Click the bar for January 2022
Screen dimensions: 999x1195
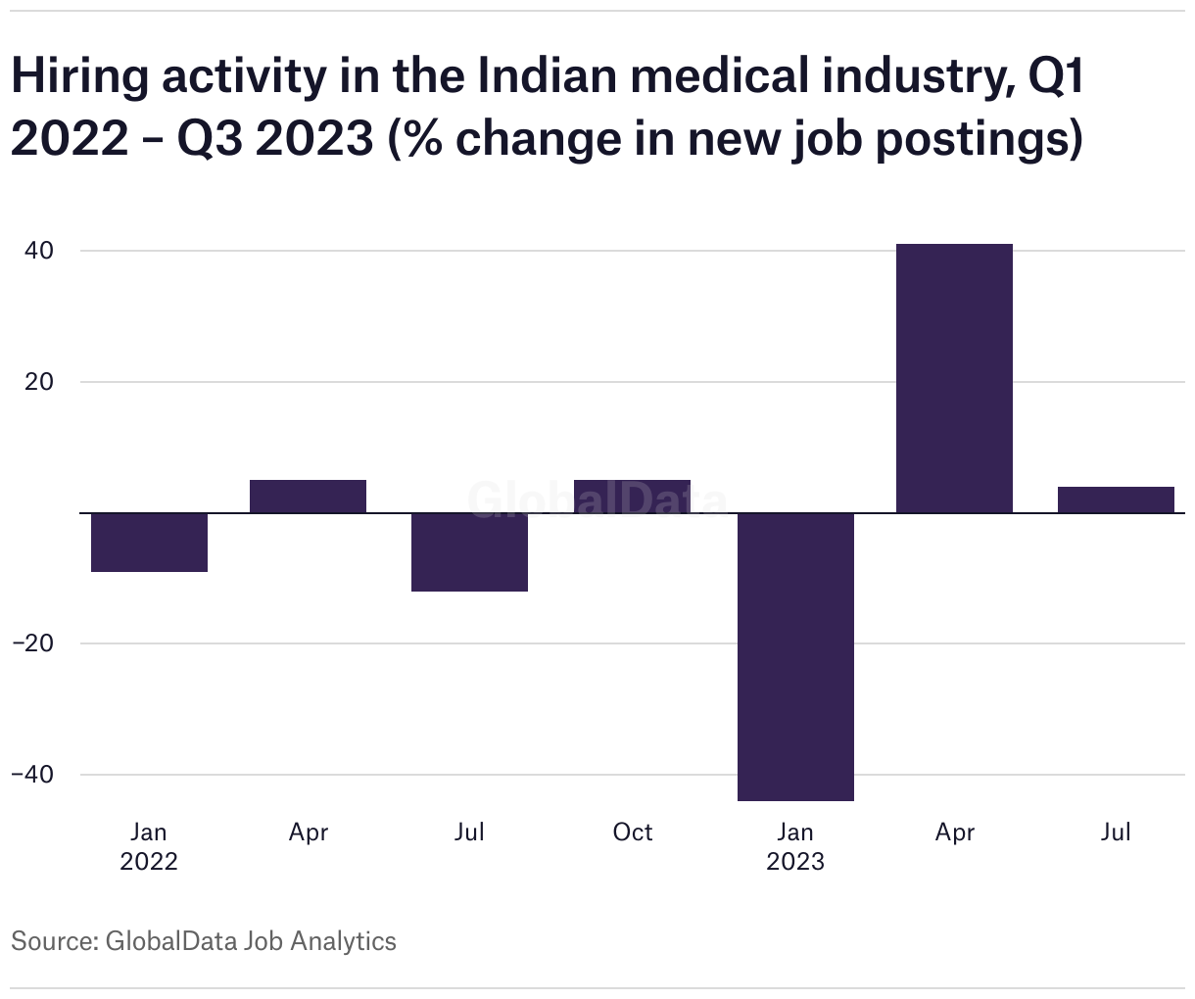point(149,543)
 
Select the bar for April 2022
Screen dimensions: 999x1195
point(309,497)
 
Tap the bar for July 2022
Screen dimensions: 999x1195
point(469,552)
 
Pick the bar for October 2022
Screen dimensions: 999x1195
point(632,497)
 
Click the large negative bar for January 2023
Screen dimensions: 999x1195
point(795,656)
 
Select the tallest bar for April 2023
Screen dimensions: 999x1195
point(955,378)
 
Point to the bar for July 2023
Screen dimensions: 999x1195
point(1116,499)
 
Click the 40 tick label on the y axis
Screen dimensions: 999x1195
point(38,251)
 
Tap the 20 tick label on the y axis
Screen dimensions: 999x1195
point(38,382)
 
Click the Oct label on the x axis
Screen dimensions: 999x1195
point(632,832)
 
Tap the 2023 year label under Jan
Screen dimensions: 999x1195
point(795,862)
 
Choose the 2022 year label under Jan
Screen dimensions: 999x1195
point(149,862)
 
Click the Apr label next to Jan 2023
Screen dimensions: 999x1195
point(955,832)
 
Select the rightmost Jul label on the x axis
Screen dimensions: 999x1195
point(1116,832)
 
